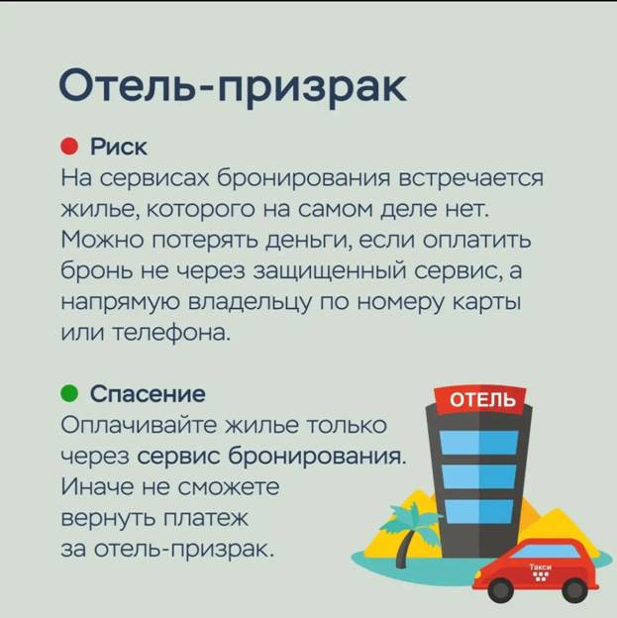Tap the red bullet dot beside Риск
click(69, 147)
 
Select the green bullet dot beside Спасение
click(69, 393)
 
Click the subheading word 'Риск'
click(119, 148)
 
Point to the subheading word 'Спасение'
click(148, 393)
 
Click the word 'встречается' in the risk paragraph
click(471, 178)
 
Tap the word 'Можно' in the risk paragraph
click(103, 240)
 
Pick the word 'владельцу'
click(252, 303)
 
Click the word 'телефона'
click(170, 333)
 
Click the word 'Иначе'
click(97, 487)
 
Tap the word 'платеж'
click(205, 519)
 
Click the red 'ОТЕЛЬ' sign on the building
click(480, 400)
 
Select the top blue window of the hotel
click(478, 443)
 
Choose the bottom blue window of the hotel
click(479, 511)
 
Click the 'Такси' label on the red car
click(540, 566)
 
